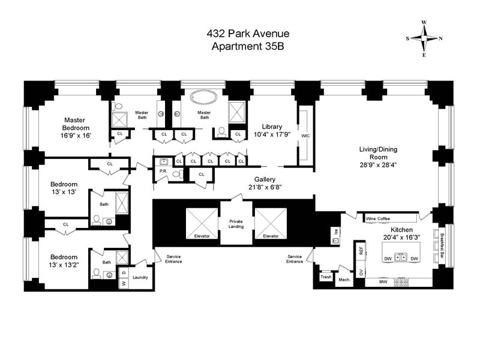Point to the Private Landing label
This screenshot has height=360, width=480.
(x=236, y=224)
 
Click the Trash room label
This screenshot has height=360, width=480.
(x=326, y=277)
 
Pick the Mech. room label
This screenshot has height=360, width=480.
(x=344, y=280)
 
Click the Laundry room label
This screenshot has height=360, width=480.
(x=141, y=277)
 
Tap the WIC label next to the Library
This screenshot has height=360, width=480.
(x=305, y=136)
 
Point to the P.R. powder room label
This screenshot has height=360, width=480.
(x=163, y=171)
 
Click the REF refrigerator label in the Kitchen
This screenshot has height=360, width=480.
(x=361, y=251)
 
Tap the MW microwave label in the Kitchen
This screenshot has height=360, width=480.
(x=382, y=281)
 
